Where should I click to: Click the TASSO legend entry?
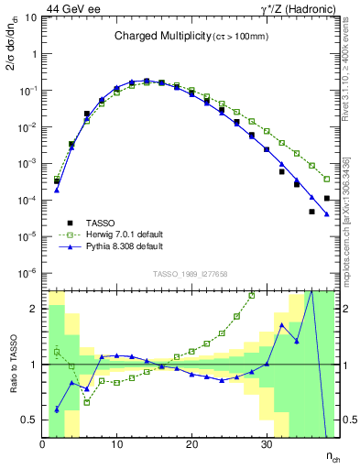pos(100,223)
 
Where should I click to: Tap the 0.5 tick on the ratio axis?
pos(29,420)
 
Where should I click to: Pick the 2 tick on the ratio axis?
pos(34,309)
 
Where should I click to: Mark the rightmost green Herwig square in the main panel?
pos(326,179)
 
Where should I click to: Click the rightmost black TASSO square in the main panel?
pos(326,198)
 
